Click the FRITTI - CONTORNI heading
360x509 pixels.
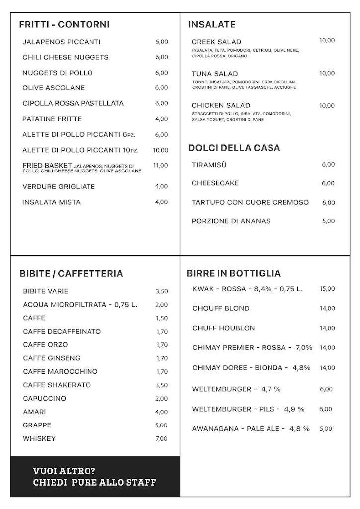(x=64, y=24)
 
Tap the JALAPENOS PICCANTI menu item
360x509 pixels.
(x=62, y=42)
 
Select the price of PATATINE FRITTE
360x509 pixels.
(x=161, y=119)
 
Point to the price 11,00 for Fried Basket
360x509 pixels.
(x=160, y=165)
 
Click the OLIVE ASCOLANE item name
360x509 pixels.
(x=54, y=88)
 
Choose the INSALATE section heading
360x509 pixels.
(x=212, y=24)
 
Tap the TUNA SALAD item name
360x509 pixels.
(x=215, y=74)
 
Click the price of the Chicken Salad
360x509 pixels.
(x=327, y=106)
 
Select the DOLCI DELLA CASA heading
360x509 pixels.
(x=234, y=148)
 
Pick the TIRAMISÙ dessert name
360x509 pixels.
(x=209, y=165)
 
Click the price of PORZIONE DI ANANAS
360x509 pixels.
(x=328, y=221)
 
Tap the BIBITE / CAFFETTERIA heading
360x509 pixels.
(x=71, y=273)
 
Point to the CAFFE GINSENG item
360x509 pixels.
(x=51, y=358)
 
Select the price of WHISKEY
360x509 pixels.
(x=161, y=439)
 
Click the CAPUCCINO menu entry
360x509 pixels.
(x=44, y=399)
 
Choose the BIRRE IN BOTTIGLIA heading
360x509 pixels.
(x=234, y=273)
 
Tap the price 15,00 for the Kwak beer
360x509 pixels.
(x=327, y=289)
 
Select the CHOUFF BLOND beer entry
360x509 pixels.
(x=221, y=308)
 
